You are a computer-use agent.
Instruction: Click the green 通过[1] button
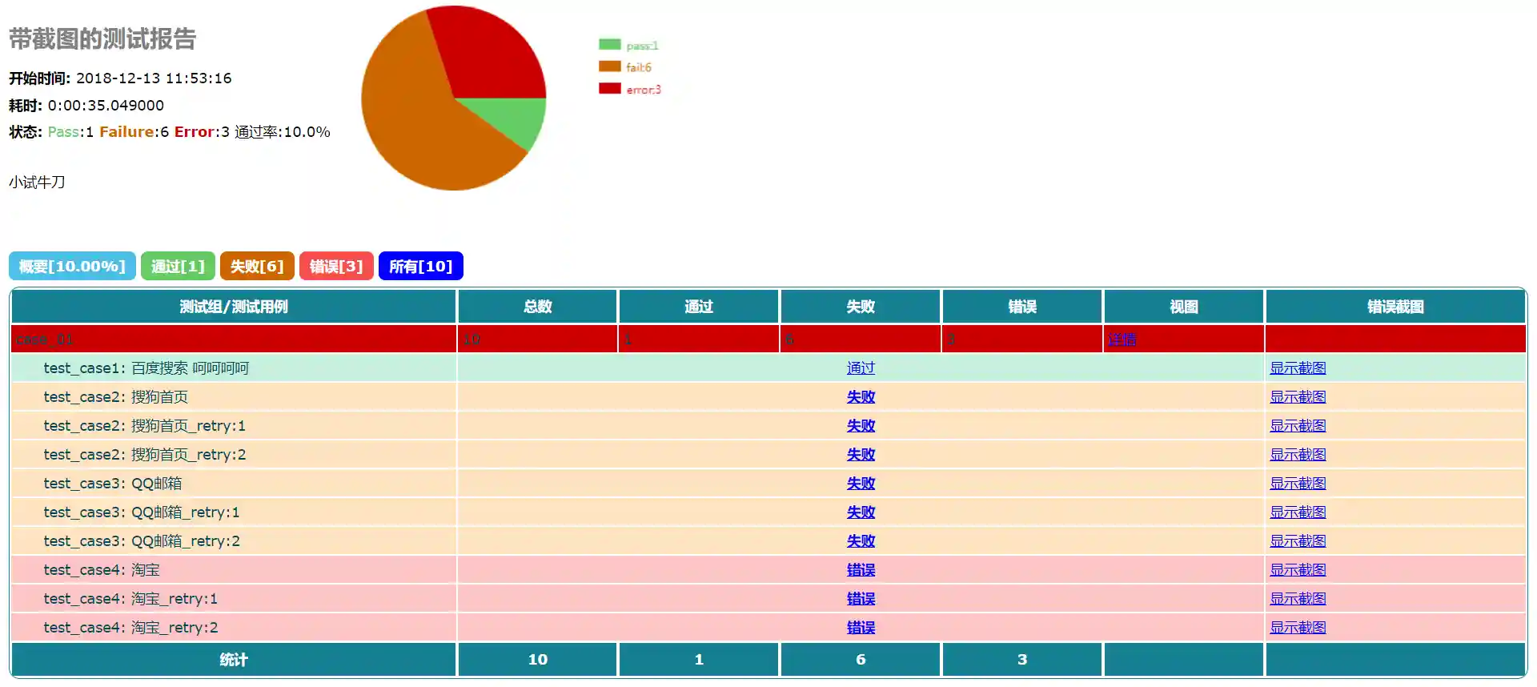[178, 266]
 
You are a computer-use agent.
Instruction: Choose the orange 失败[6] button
[257, 266]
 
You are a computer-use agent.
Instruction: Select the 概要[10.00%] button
[72, 266]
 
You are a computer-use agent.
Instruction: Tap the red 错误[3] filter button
[336, 266]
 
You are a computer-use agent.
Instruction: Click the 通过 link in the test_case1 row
[861, 368]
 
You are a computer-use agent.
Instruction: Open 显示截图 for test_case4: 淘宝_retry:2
[1298, 628]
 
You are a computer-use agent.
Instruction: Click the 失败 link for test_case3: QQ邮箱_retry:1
[861, 512]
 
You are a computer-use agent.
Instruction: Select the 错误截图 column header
[1395, 307]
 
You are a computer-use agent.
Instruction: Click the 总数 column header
[537, 307]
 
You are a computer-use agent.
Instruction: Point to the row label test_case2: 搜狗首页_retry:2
[145, 455]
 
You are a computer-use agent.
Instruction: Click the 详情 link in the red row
[1122, 339]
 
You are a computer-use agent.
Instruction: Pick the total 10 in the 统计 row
[537, 660]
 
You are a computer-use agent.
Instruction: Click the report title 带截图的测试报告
[102, 39]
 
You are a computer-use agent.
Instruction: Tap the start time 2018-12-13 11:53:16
[154, 78]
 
